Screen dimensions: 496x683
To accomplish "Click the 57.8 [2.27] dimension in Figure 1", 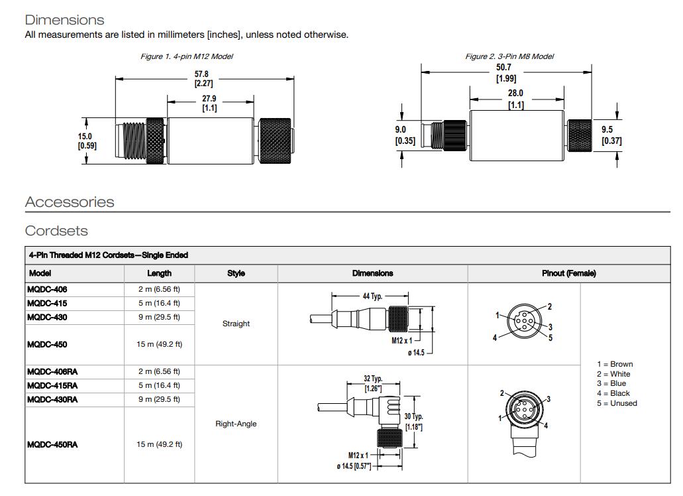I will click(203, 79).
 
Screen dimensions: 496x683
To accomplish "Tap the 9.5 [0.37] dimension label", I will click(611, 135).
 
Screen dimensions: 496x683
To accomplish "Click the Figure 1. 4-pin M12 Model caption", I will click(186, 56).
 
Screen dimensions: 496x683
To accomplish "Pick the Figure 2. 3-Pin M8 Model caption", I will click(509, 56).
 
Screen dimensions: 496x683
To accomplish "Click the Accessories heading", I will click(70, 202).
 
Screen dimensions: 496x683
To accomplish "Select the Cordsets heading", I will click(56, 231).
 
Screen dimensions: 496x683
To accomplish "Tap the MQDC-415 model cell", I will click(47, 303).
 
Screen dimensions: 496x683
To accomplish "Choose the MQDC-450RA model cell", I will click(52, 444).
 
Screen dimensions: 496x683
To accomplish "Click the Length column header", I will click(159, 273).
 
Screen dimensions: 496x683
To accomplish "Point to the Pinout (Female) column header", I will click(568, 273).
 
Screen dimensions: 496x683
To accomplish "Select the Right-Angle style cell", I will click(236, 424).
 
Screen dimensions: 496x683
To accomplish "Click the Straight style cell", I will click(236, 324).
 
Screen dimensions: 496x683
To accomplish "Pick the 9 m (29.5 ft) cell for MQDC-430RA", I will click(159, 399).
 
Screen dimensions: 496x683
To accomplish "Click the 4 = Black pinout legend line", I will click(613, 393).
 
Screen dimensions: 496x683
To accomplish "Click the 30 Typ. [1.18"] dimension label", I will click(413, 422).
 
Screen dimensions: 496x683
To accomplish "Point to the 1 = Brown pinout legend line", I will click(614, 364).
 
